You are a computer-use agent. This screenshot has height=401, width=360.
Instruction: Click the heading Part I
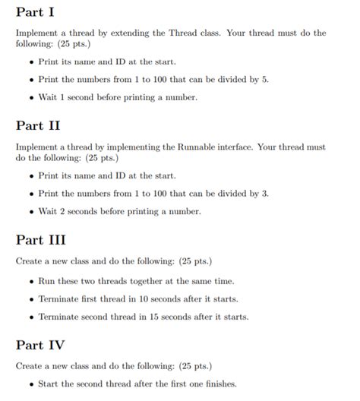[35, 14]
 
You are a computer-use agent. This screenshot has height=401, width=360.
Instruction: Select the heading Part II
[37, 125]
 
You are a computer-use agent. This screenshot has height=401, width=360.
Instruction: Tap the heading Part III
[40, 240]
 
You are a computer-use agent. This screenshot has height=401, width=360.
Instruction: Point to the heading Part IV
[40, 345]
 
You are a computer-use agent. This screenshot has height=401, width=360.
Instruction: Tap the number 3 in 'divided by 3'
[266, 194]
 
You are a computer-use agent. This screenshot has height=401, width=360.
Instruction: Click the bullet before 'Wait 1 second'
[30, 98]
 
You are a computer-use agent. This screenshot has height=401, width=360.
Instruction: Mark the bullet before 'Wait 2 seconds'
[30, 212]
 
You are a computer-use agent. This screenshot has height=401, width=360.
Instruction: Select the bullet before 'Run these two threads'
[30, 282]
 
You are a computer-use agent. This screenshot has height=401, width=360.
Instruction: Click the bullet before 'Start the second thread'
[30, 384]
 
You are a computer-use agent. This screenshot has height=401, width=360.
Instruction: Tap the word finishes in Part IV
[219, 384]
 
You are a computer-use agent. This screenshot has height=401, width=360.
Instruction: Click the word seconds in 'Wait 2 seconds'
[84, 211]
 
